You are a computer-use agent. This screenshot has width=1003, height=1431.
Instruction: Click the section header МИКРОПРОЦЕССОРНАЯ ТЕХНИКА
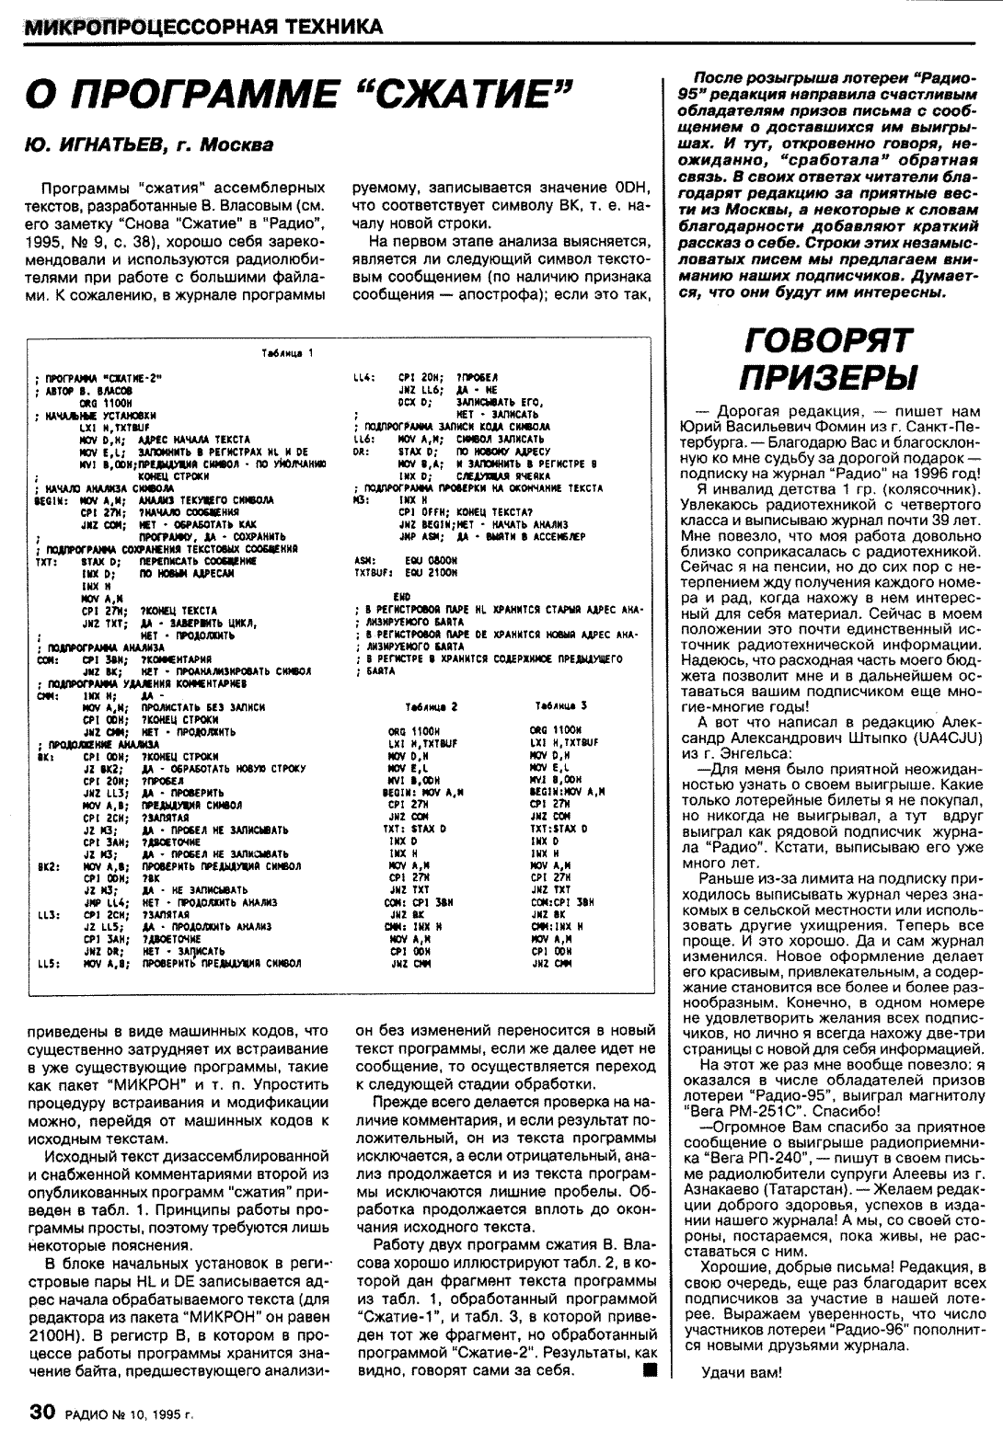point(203,27)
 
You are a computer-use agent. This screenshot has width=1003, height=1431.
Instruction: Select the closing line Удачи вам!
point(742,1374)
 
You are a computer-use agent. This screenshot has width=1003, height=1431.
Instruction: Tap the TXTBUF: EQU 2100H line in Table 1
point(405,570)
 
